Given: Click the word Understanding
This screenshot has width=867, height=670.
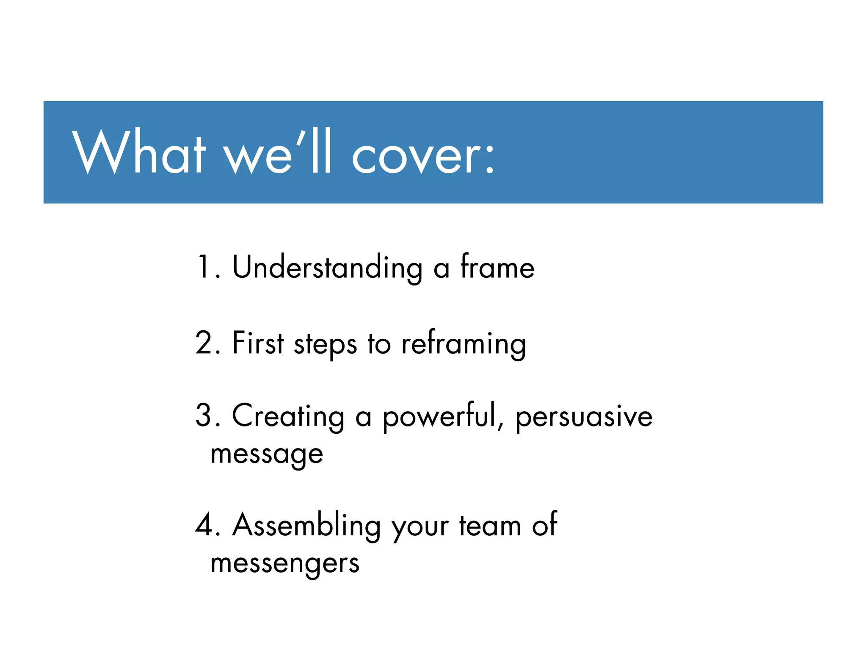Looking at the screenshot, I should click(327, 268).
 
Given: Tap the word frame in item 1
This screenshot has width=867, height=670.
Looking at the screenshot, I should click(497, 267).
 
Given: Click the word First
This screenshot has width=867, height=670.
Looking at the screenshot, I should click(258, 343).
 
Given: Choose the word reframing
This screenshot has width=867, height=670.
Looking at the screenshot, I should click(464, 344).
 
